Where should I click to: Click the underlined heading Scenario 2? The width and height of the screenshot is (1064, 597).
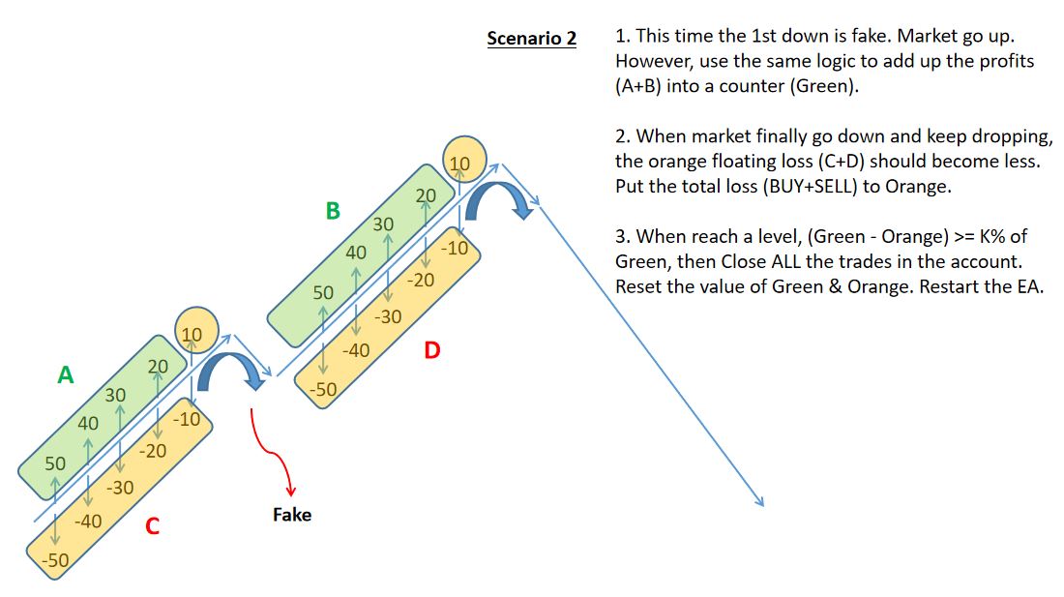pyautogui.click(x=531, y=39)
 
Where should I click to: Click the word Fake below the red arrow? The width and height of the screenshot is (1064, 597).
pyautogui.click(x=292, y=515)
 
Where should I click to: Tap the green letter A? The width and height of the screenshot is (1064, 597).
pyautogui.click(x=65, y=374)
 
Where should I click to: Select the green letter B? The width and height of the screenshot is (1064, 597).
pyautogui.click(x=333, y=211)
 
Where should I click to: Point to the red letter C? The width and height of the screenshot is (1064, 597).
pyautogui.click(x=152, y=526)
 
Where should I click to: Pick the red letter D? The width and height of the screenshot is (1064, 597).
pyautogui.click(x=431, y=350)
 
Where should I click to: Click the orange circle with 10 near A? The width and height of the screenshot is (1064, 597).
pyautogui.click(x=192, y=335)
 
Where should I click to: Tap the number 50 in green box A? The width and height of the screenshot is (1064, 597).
pyautogui.click(x=55, y=463)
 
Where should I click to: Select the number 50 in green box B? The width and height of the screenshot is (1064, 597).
pyautogui.click(x=323, y=292)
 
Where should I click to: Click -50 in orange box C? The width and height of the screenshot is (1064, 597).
pyautogui.click(x=55, y=560)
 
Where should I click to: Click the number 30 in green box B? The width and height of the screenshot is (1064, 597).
pyautogui.click(x=384, y=224)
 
